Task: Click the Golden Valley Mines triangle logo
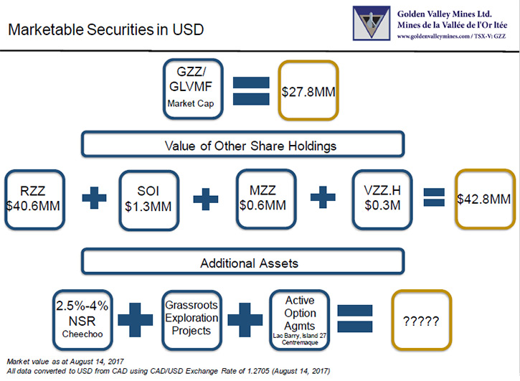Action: (x=372, y=23)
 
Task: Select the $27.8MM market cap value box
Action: (x=308, y=90)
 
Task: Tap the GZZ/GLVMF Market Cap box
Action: (x=193, y=89)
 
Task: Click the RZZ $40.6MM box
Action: (x=34, y=199)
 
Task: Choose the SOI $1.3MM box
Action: (x=149, y=200)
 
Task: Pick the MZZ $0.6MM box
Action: (x=266, y=199)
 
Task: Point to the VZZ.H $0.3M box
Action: (x=382, y=199)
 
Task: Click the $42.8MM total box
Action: (x=485, y=199)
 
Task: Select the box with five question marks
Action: (x=422, y=320)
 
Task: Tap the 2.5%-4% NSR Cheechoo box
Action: (x=82, y=320)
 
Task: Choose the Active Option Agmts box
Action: (x=300, y=320)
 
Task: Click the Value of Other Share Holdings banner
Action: (x=242, y=144)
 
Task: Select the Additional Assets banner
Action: (x=242, y=261)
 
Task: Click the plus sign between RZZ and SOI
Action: (x=94, y=198)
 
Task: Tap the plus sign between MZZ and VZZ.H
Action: (x=323, y=197)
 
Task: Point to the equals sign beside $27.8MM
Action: (x=251, y=91)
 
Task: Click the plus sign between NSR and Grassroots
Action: (x=136, y=319)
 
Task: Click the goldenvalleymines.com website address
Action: (x=433, y=37)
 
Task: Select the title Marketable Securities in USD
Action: (x=105, y=29)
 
